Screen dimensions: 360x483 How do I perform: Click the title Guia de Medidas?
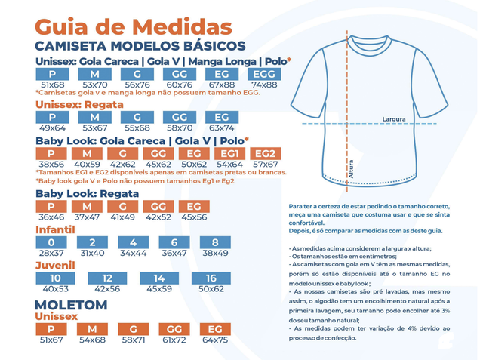(x=134, y=26)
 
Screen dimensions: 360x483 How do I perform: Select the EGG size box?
(x=264, y=74)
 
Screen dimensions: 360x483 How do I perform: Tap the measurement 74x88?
(x=264, y=85)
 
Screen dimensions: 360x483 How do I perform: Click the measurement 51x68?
(x=53, y=85)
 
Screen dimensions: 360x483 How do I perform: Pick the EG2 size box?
(x=266, y=153)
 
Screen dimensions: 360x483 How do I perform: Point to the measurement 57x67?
(x=266, y=163)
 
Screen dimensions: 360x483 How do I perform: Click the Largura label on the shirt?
(x=394, y=119)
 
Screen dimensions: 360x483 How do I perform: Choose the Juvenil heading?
(x=55, y=266)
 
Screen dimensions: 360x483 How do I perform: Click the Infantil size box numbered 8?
(x=216, y=242)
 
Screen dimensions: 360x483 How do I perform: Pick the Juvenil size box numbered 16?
(x=211, y=278)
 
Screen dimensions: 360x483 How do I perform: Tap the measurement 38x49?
(x=216, y=253)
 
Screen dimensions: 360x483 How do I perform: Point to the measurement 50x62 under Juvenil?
(x=211, y=289)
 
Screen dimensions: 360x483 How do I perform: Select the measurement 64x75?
(x=216, y=340)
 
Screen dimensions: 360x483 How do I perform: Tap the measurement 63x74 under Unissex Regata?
(x=222, y=128)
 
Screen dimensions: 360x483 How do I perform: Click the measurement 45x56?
(x=194, y=217)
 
